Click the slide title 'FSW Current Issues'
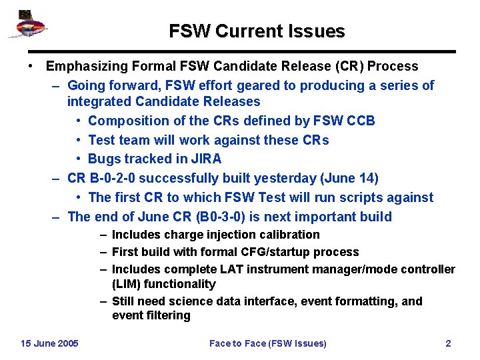coord(257,31)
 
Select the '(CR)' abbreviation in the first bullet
coord(345,66)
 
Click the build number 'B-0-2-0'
coord(111,178)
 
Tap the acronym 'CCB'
coord(361,121)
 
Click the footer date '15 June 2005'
coord(49,343)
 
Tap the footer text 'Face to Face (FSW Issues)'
coord(268,343)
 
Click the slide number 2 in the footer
coord(448,343)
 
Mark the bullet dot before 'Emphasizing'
coord(31,66)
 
